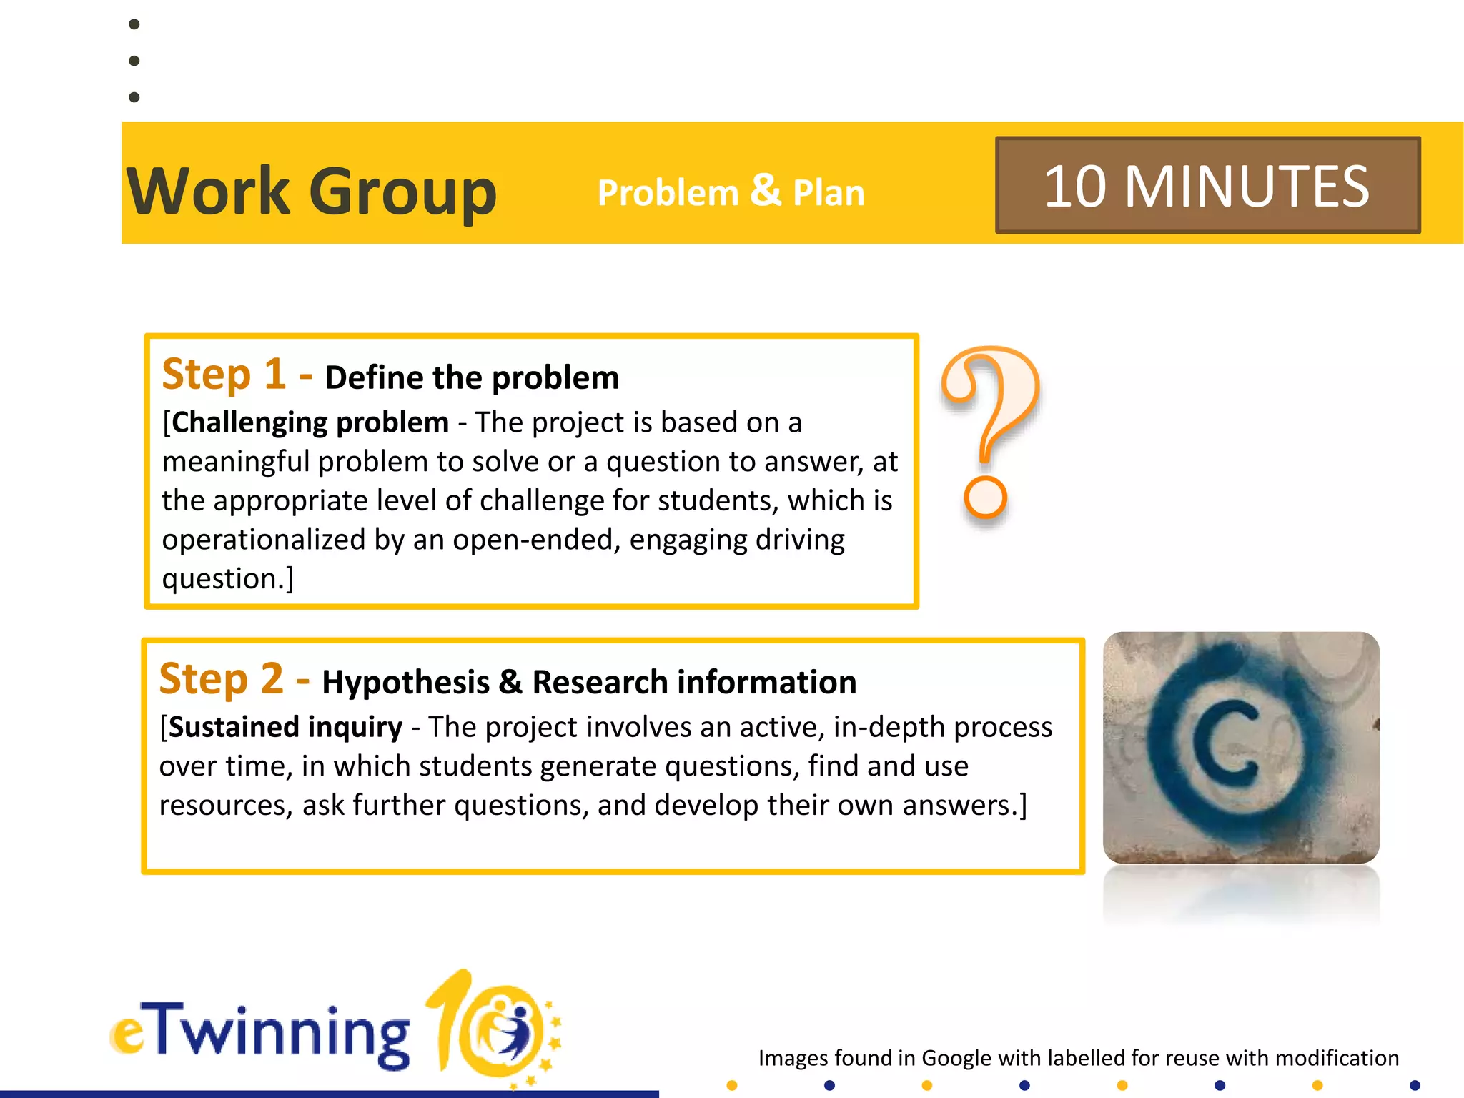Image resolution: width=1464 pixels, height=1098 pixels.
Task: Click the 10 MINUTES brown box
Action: (x=1207, y=186)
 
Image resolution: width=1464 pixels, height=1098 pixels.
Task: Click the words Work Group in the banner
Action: (x=312, y=192)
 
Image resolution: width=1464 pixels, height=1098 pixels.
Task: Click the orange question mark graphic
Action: (x=990, y=415)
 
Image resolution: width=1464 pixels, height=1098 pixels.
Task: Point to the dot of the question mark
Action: (x=985, y=497)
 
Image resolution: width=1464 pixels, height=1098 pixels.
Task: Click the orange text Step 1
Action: (x=224, y=375)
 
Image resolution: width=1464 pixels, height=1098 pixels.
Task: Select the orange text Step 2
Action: (x=221, y=679)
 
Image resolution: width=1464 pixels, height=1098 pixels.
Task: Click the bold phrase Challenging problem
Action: (x=310, y=422)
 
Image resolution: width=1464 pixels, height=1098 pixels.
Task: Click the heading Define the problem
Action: (x=472, y=377)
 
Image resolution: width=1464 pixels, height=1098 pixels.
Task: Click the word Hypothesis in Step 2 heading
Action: (x=405, y=682)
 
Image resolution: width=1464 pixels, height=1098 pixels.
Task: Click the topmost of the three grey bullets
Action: (x=134, y=24)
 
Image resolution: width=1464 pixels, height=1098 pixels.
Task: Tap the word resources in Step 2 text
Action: (x=221, y=806)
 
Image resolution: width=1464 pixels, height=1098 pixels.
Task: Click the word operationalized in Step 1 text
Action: (x=264, y=540)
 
